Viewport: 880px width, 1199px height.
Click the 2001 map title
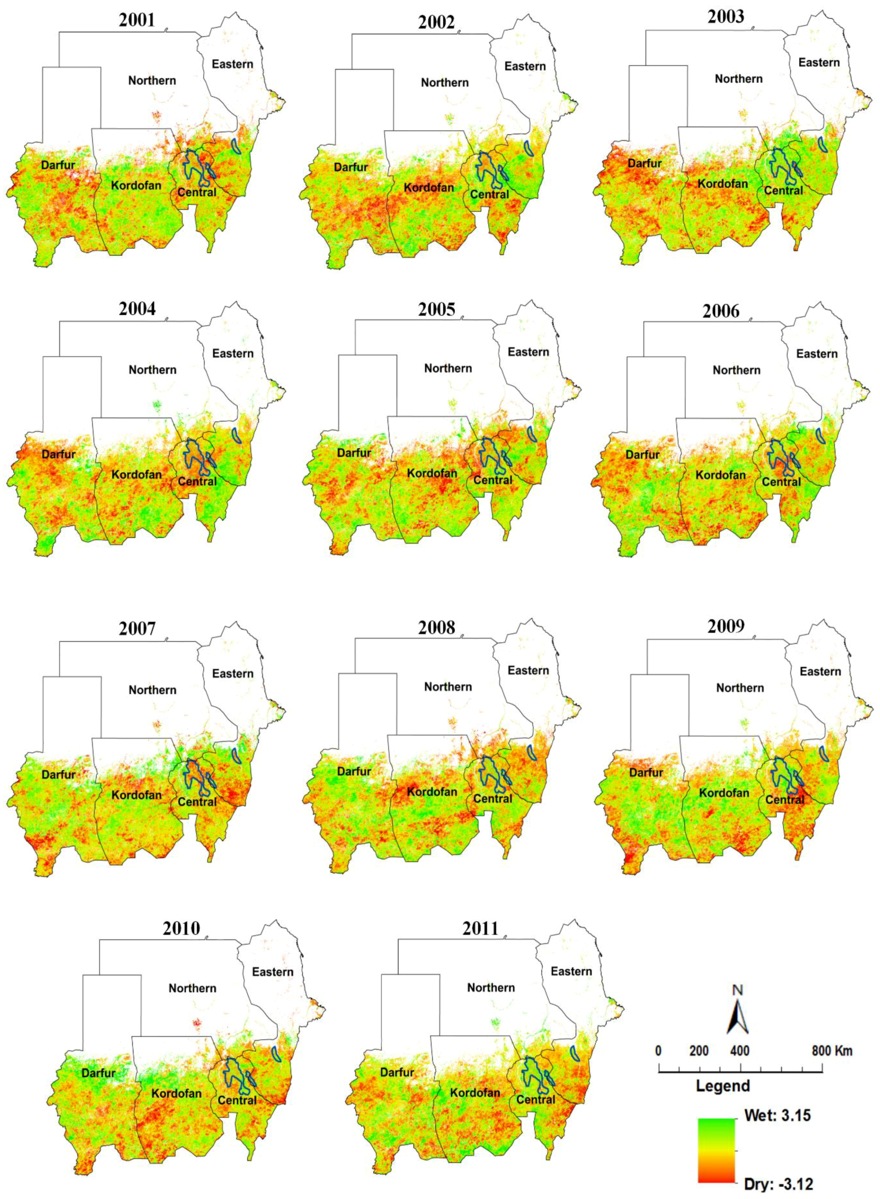coord(137,20)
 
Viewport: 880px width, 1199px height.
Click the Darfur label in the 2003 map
coord(645,163)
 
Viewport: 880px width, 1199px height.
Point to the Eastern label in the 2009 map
coord(820,672)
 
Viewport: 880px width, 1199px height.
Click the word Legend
coord(722,1085)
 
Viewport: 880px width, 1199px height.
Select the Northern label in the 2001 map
coord(152,80)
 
